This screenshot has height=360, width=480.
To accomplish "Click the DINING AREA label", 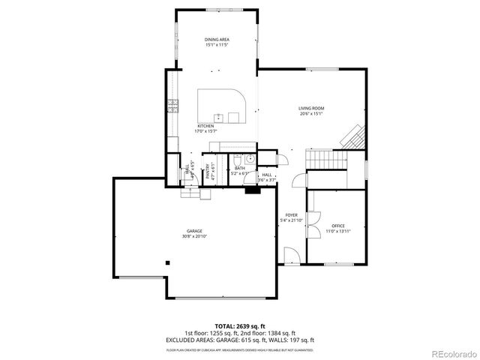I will tap(216, 39).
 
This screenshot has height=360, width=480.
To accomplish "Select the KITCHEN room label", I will tap(205, 126).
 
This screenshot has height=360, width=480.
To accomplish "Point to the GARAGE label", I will tap(194, 231).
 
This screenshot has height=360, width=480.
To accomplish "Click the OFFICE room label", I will tap(337, 225).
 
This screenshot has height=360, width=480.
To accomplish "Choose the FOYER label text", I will tap(291, 215).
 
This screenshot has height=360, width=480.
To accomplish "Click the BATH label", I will tap(239, 169).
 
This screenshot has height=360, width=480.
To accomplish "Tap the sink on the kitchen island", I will tap(217, 117).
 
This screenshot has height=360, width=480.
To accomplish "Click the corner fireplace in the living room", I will tap(353, 136).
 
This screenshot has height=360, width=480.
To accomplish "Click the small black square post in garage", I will tap(168, 262).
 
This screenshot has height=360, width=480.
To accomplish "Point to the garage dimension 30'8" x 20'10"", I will tap(194, 237).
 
